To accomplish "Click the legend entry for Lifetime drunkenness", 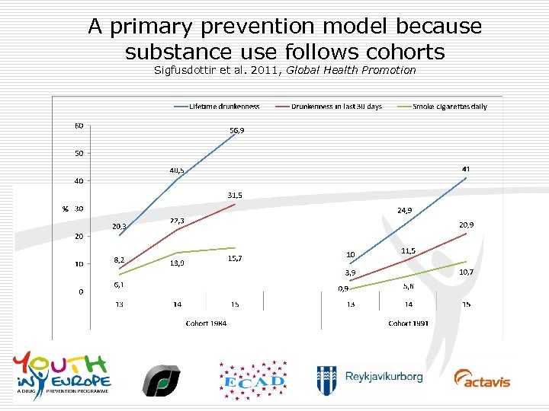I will [225, 107].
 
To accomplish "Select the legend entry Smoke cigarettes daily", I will [450, 107].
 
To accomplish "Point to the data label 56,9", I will [237, 130].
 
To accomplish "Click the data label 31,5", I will [235, 196].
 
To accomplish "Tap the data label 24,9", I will [404, 210].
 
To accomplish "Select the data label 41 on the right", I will [465, 168].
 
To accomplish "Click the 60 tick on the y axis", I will [79, 126].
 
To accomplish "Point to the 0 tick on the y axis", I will [81, 292].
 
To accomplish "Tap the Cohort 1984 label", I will [207, 323].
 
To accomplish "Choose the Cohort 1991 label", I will [408, 323].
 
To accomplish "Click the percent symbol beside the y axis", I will [65, 209].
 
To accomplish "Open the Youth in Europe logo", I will [62, 373].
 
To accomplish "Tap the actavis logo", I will [482, 378].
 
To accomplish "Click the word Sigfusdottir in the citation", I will [183, 70].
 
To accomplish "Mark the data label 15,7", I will [236, 259].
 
